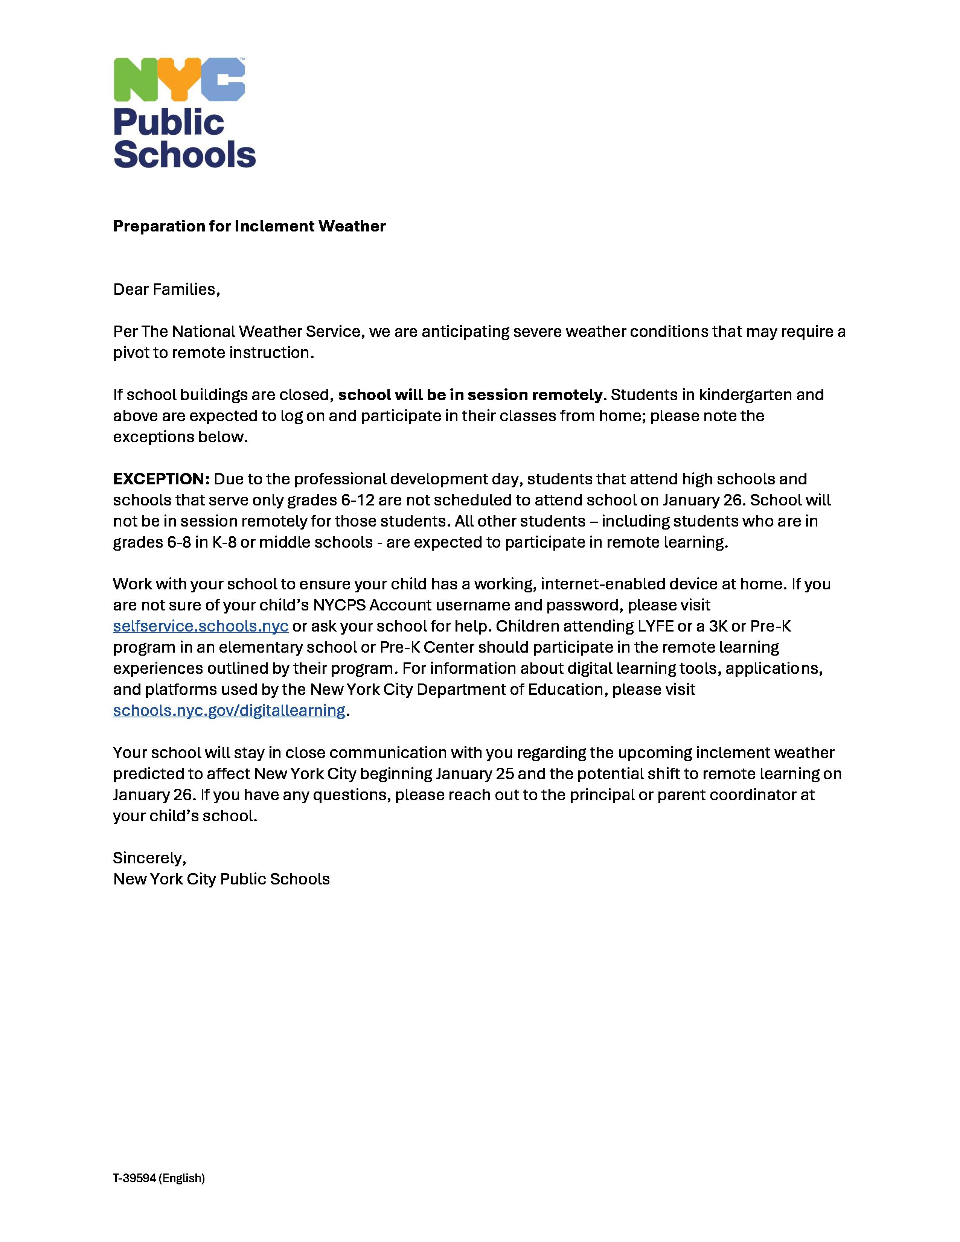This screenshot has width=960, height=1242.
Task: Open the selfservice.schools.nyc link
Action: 200,626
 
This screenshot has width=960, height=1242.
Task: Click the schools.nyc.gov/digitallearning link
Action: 229,710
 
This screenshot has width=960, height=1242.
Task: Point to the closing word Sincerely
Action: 149,858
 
